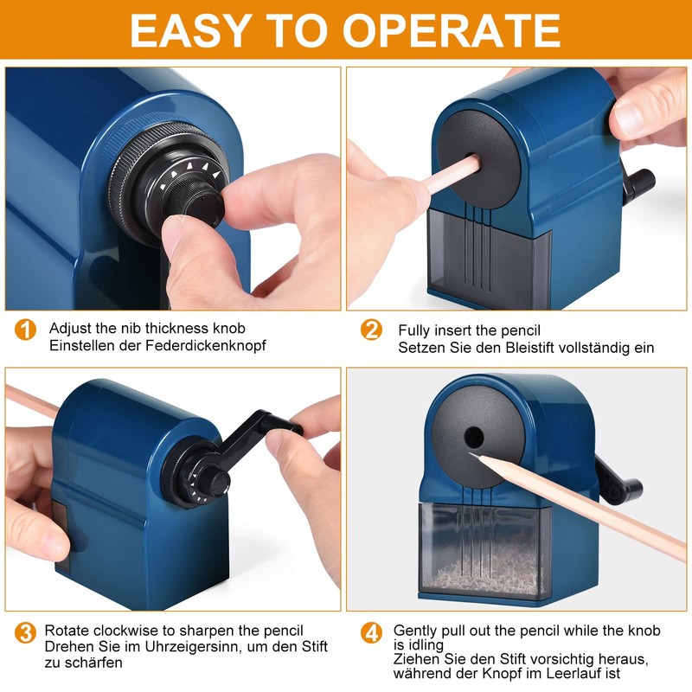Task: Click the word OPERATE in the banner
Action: click(451, 30)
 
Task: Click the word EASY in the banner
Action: click(191, 30)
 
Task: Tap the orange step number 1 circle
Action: click(25, 330)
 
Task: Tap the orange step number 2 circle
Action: click(371, 330)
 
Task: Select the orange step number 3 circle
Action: click(25, 633)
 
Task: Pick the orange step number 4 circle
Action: click(371, 633)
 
